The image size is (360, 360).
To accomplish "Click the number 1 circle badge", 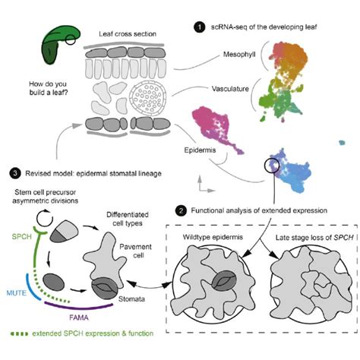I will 199,28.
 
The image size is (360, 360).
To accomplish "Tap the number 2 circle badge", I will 179,210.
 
